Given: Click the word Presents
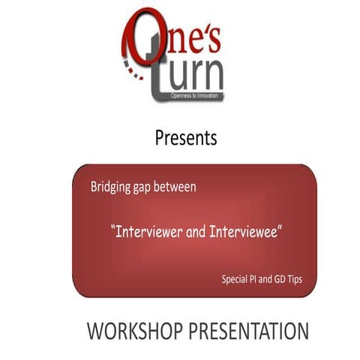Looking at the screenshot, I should (186, 139).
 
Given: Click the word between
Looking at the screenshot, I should (180, 187).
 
